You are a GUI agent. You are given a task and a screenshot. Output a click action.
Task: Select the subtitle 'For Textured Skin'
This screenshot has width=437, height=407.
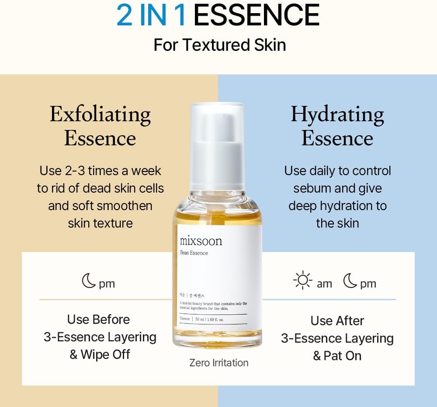(219, 45)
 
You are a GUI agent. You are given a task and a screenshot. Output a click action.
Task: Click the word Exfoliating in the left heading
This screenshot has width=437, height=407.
(100, 115)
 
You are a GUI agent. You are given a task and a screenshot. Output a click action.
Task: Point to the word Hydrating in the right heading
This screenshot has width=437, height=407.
(337, 115)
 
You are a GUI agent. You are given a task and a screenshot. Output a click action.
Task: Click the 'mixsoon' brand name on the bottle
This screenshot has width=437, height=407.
(201, 241)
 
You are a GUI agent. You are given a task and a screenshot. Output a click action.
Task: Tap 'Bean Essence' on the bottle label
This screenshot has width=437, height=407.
(194, 253)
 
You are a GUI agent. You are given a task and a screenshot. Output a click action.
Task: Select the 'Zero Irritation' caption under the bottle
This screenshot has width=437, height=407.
(218, 363)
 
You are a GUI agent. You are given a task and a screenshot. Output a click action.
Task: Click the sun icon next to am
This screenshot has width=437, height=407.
(302, 281)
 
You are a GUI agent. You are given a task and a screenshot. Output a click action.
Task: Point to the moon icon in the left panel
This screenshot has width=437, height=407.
(89, 281)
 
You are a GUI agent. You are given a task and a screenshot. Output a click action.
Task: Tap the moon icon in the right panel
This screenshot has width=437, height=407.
(350, 281)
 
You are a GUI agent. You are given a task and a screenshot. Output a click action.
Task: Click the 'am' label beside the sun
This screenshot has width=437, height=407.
(324, 284)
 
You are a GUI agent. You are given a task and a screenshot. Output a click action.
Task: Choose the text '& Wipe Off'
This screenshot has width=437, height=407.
(100, 354)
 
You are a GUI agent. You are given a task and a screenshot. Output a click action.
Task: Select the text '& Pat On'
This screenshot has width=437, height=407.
(337, 356)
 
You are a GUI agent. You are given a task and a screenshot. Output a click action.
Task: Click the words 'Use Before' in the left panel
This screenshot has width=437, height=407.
(98, 319)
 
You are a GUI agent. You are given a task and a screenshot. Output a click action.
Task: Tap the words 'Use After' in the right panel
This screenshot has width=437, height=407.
(337, 321)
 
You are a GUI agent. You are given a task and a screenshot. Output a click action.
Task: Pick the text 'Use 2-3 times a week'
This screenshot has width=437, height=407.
(100, 171)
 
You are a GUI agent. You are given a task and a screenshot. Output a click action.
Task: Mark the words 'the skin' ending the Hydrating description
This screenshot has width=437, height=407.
(337, 223)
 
